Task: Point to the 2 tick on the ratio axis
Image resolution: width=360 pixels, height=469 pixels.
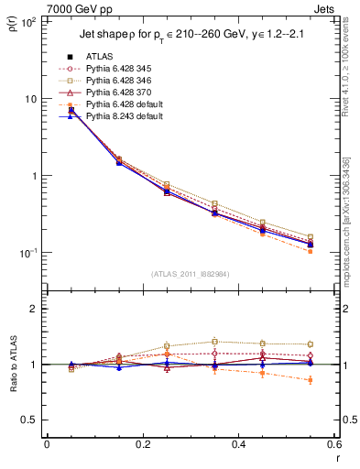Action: [34, 309]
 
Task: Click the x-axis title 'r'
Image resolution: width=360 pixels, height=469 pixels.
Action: [336, 458]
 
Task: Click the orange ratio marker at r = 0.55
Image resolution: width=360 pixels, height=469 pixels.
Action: [311, 379]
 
